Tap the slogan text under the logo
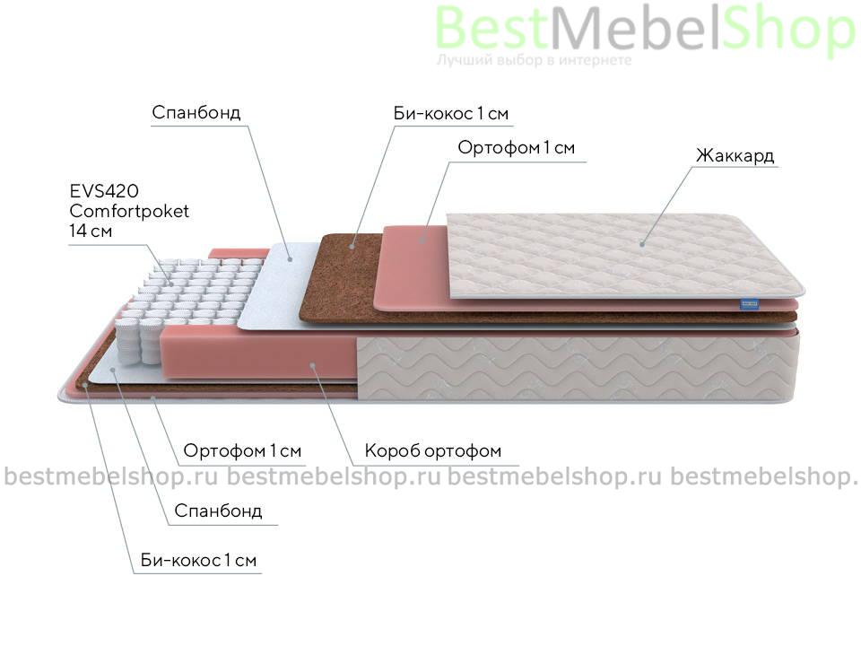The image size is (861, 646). pyautogui.click(x=535, y=60)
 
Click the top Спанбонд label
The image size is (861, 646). pyautogui.click(x=196, y=113)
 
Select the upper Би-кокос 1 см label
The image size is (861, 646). pyautogui.click(x=451, y=114)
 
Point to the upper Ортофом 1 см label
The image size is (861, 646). pyautogui.click(x=517, y=148)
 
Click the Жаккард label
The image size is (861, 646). pyautogui.click(x=735, y=156)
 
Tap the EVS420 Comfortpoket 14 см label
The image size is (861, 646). pyautogui.click(x=129, y=211)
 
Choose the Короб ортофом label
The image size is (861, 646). pyautogui.click(x=432, y=451)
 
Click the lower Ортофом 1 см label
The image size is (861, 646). pyautogui.click(x=242, y=451)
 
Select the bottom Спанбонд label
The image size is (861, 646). pyautogui.click(x=218, y=511)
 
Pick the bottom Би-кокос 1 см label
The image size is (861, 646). pyautogui.click(x=198, y=560)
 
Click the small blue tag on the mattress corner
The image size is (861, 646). pyautogui.click(x=749, y=302)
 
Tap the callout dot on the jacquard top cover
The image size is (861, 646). pyautogui.click(x=642, y=243)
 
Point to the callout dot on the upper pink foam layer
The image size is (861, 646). pyautogui.click(x=422, y=240)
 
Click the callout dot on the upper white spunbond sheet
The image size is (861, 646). pyautogui.click(x=291, y=258)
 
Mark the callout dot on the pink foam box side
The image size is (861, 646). pyautogui.click(x=312, y=364)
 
